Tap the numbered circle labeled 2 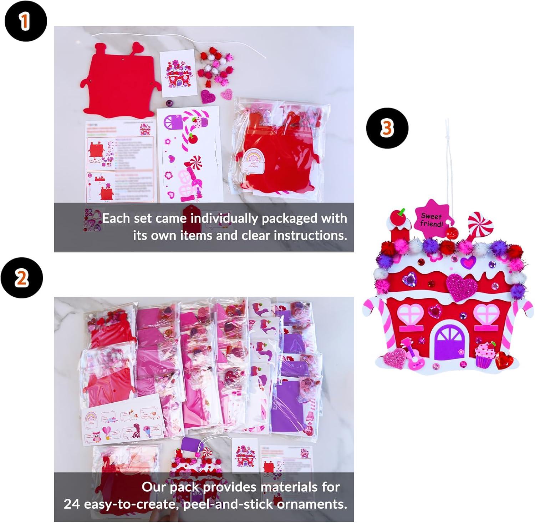click(x=22, y=277)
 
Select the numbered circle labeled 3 click(x=387, y=128)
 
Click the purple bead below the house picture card click(x=169, y=104)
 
